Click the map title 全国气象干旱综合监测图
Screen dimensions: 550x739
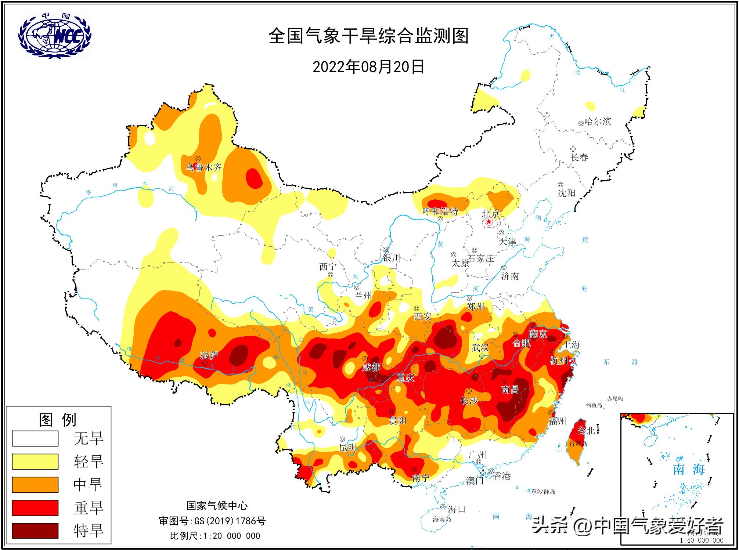point(368,36)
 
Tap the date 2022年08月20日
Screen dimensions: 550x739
point(368,67)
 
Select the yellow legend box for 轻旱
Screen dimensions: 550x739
point(35,462)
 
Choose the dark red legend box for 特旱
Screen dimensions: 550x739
point(35,531)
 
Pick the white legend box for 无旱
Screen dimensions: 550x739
point(35,438)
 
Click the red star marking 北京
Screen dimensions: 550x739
point(489,222)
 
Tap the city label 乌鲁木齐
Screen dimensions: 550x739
point(204,168)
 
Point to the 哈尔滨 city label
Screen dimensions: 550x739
point(598,122)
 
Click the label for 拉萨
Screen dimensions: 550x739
point(209,355)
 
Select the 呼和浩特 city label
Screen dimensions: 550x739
point(440,211)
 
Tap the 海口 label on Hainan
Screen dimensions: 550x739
point(457,509)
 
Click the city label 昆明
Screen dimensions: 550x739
point(347,448)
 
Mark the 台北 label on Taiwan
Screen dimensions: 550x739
point(586,431)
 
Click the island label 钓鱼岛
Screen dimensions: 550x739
point(594,405)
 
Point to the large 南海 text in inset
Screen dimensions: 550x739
point(689,469)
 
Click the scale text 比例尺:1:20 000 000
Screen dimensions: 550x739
point(215,536)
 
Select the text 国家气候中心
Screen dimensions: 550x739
point(217,506)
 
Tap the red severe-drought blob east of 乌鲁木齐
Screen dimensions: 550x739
point(253,178)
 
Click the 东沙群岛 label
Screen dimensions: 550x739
point(543,492)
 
